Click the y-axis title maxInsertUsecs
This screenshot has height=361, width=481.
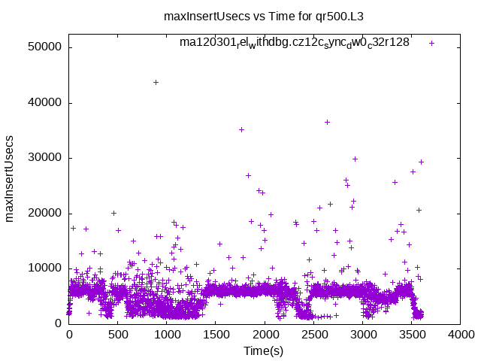pos(10,178)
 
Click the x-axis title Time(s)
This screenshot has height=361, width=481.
pos(264,350)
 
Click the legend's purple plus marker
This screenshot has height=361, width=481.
pos(431,43)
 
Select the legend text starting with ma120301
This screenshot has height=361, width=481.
pos(294,43)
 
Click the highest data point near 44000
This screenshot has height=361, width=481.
pos(156,82)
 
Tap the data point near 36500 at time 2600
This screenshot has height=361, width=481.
pos(327,122)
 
